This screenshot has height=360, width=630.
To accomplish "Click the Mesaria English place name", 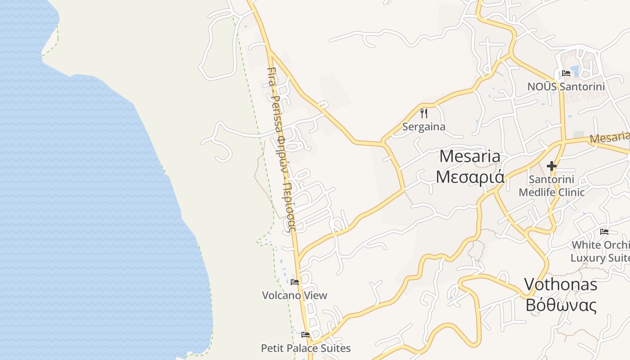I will pyautogui.click(x=470, y=156).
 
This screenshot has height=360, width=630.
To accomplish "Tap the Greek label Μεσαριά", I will pyautogui.click(x=470, y=177).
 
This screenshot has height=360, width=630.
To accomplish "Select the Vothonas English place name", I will pyautogui.click(x=561, y=284).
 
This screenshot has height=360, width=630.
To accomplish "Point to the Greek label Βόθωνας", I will pyautogui.click(x=561, y=305).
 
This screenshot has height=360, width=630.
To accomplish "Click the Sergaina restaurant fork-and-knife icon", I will pyautogui.click(x=423, y=113).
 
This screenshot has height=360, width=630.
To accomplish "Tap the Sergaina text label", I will pyautogui.click(x=423, y=126).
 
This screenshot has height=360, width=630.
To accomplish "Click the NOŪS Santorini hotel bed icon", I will pyautogui.click(x=566, y=73).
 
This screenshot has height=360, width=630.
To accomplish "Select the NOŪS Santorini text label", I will pyautogui.click(x=566, y=86).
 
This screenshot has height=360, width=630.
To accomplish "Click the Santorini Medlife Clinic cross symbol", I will pyautogui.click(x=551, y=166).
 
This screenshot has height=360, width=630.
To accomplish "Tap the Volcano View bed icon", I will pyautogui.click(x=295, y=282).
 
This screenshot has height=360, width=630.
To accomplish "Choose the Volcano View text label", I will pyautogui.click(x=295, y=295).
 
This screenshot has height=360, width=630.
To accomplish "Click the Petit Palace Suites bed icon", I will pyautogui.click(x=306, y=335).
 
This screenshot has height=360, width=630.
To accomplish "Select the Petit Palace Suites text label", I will pyautogui.click(x=306, y=348).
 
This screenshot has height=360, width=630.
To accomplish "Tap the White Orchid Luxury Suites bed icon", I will pyautogui.click(x=604, y=232).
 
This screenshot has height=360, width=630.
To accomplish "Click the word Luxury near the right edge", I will pyautogui.click(x=588, y=258).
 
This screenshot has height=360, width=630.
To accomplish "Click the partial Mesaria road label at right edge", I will pyautogui.click(x=609, y=138).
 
